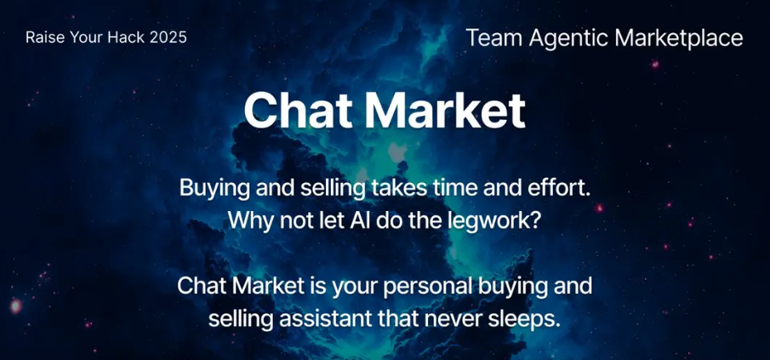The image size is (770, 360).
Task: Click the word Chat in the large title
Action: pos(298,110)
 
